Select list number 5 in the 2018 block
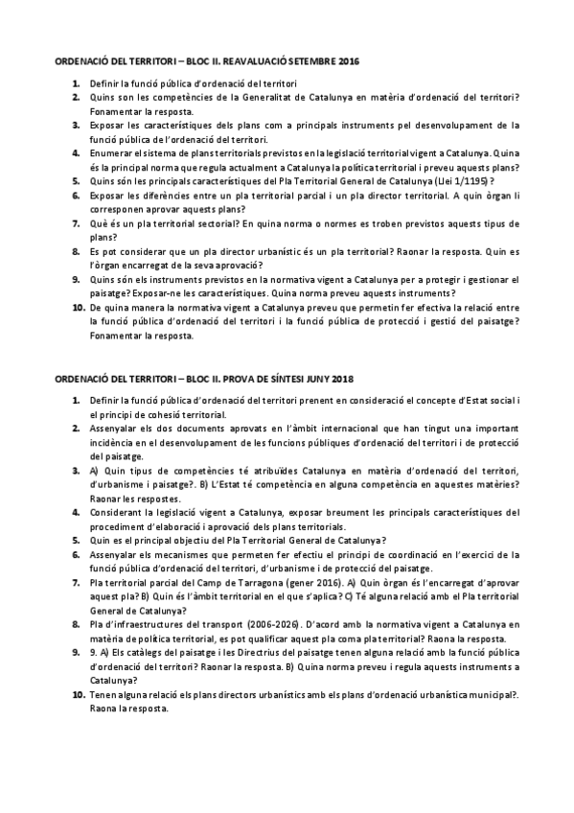[x=76, y=540]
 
